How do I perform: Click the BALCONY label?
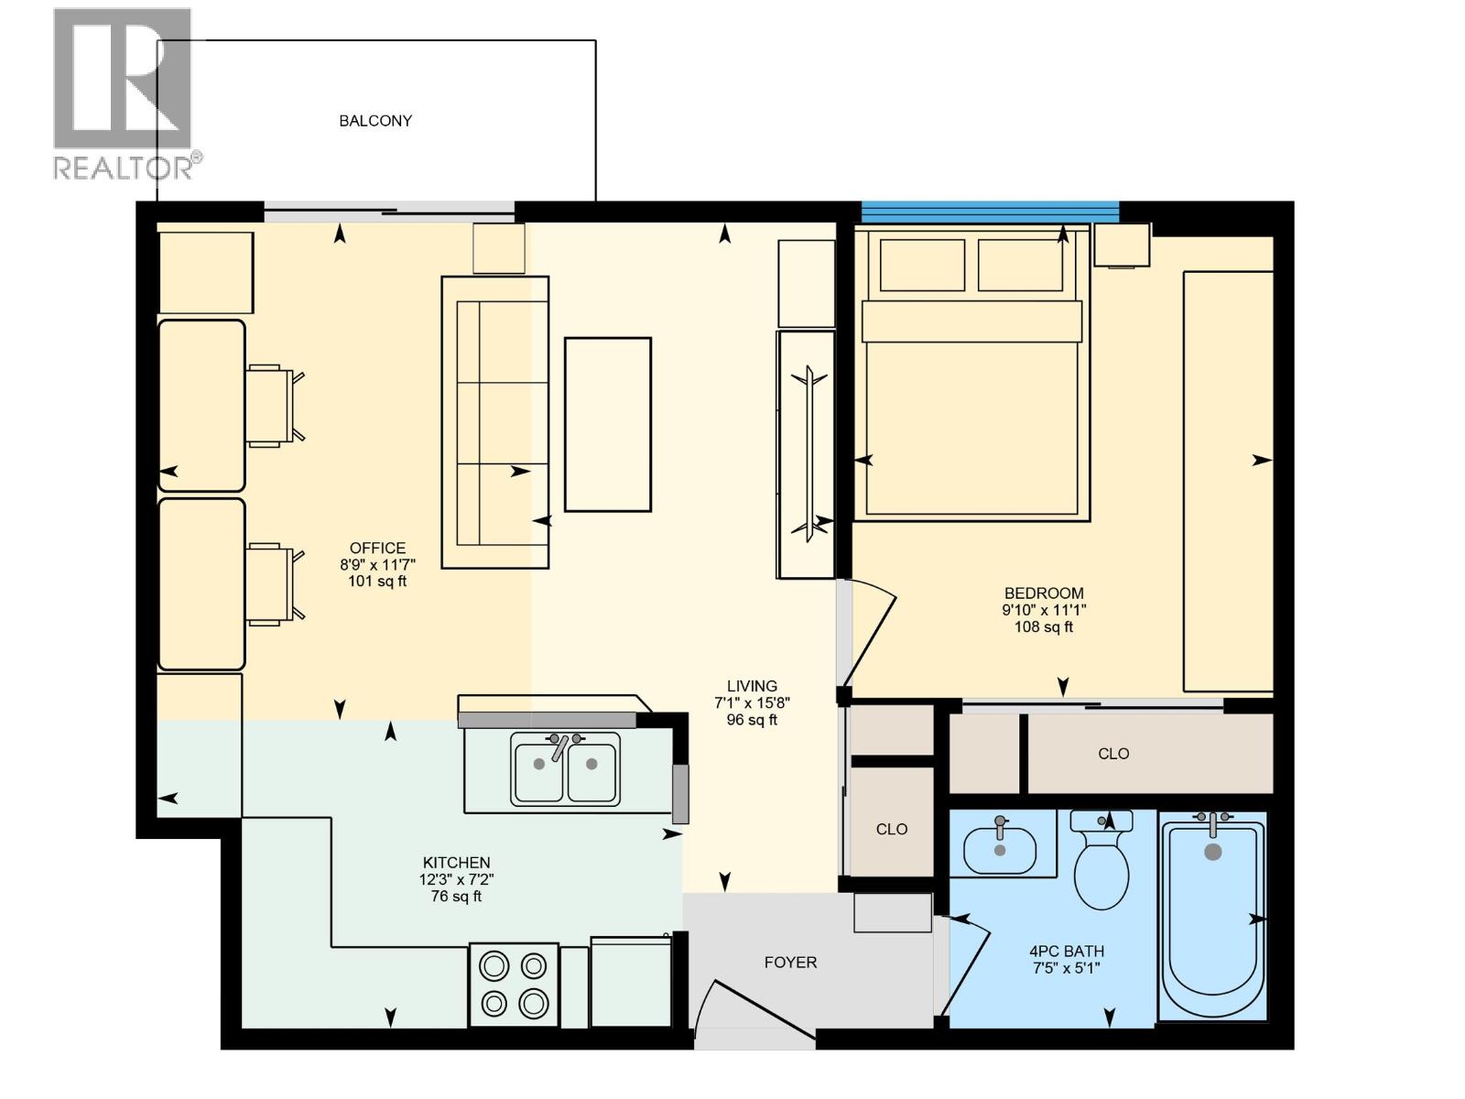click(x=375, y=121)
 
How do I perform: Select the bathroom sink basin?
click(x=999, y=848)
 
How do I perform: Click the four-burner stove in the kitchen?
click(x=514, y=985)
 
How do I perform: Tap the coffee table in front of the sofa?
click(x=608, y=424)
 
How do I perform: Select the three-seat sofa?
click(x=495, y=422)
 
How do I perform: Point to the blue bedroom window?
click(x=989, y=212)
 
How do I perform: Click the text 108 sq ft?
click(x=1043, y=627)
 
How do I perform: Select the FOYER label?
click(x=790, y=963)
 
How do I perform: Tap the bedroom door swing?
click(x=870, y=632)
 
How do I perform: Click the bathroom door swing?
click(x=967, y=962)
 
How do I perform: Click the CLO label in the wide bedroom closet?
click(x=1113, y=754)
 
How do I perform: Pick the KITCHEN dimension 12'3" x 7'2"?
click(x=456, y=879)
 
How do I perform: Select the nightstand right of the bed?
click(x=1122, y=245)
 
